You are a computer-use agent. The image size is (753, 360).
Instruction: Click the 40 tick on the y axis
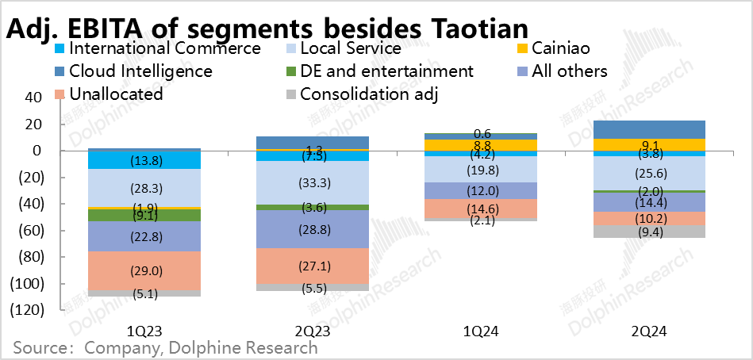pyautogui.click(x=32, y=98)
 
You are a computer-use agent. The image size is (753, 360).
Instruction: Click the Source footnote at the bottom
pyautogui.click(x=165, y=347)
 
